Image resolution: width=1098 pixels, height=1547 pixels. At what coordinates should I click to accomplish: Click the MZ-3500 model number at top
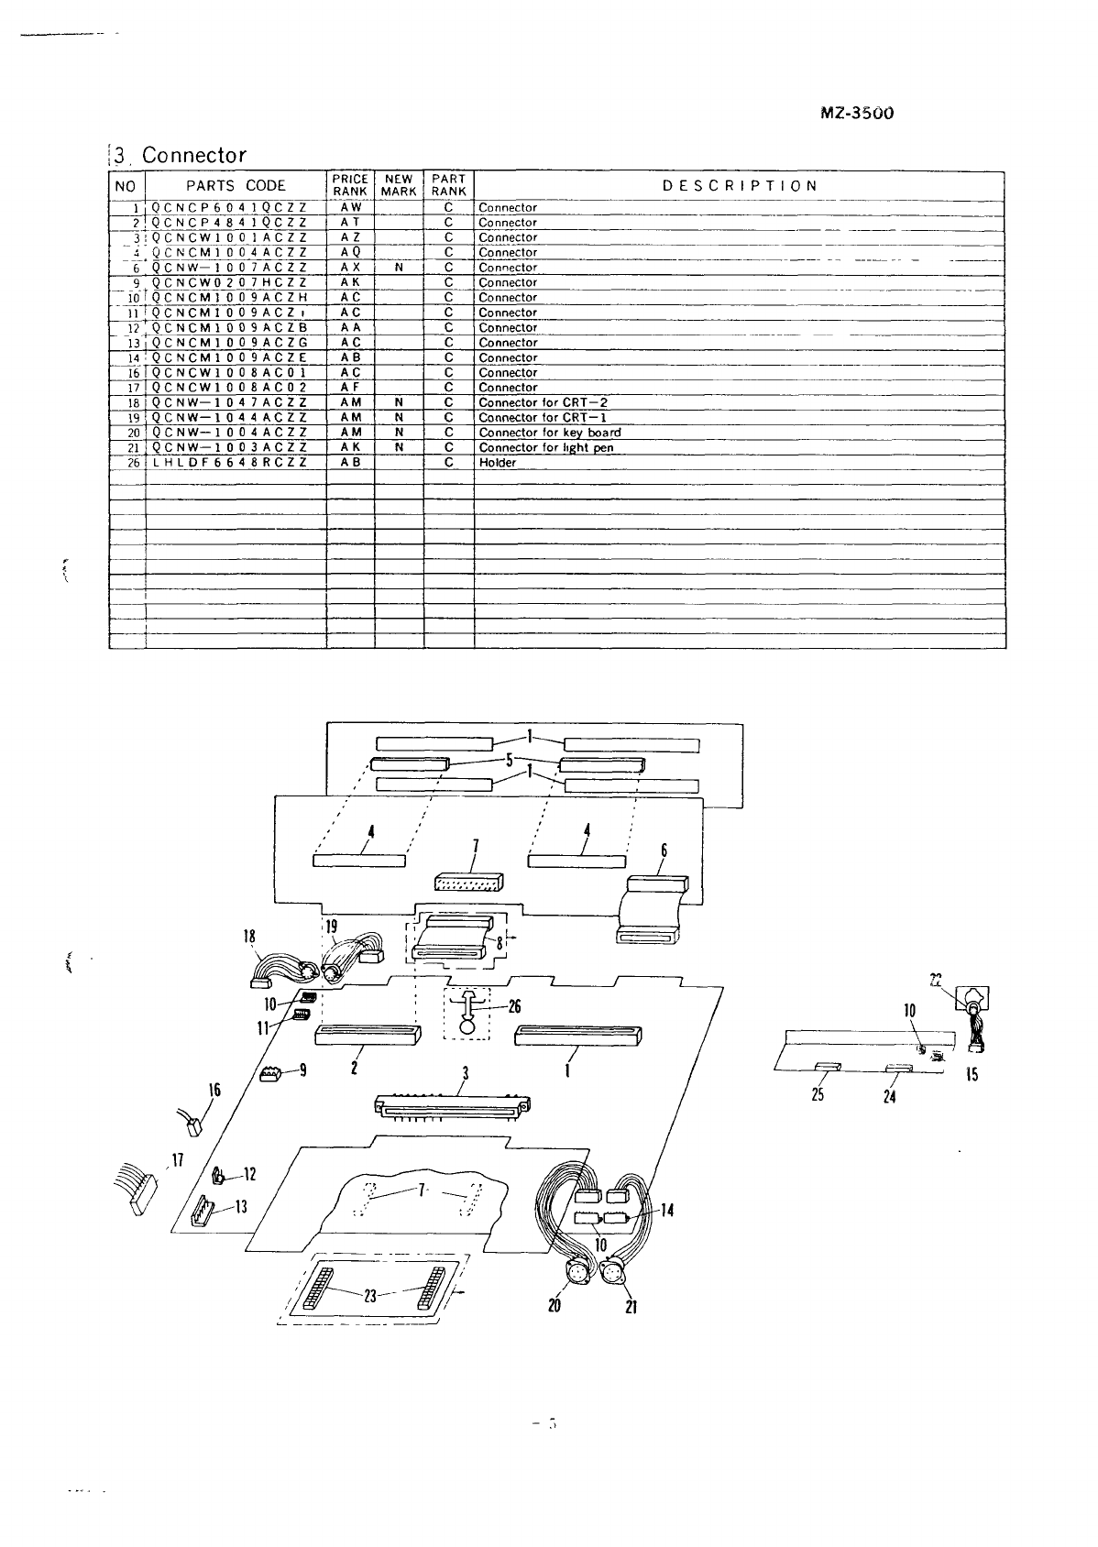coord(856,114)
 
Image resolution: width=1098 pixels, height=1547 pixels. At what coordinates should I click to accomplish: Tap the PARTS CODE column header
coord(236,185)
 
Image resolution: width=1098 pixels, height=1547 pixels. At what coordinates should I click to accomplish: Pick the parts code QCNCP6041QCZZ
coord(228,208)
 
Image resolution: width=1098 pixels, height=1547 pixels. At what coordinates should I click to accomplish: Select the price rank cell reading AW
coord(350,208)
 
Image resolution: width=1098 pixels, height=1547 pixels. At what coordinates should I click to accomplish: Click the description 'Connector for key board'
coord(549,433)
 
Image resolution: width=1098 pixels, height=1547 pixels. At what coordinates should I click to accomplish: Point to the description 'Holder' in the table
coord(498,463)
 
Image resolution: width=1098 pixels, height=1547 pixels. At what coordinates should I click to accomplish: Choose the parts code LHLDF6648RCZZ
coord(228,463)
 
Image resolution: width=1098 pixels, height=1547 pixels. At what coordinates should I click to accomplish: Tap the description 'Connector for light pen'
coord(545,448)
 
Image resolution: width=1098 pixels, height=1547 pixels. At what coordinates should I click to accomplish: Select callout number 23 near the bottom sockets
coord(370,1296)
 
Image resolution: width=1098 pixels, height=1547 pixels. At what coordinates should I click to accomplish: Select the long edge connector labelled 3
coord(455,1106)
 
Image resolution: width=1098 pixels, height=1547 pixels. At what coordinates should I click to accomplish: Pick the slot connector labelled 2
coord(367,1036)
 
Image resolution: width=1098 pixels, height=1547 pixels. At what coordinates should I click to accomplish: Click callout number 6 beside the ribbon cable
coord(664,850)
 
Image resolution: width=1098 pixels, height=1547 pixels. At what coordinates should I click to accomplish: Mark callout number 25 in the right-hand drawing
coord(818,1094)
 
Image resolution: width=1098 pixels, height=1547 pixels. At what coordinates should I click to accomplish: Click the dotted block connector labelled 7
coord(468,882)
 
